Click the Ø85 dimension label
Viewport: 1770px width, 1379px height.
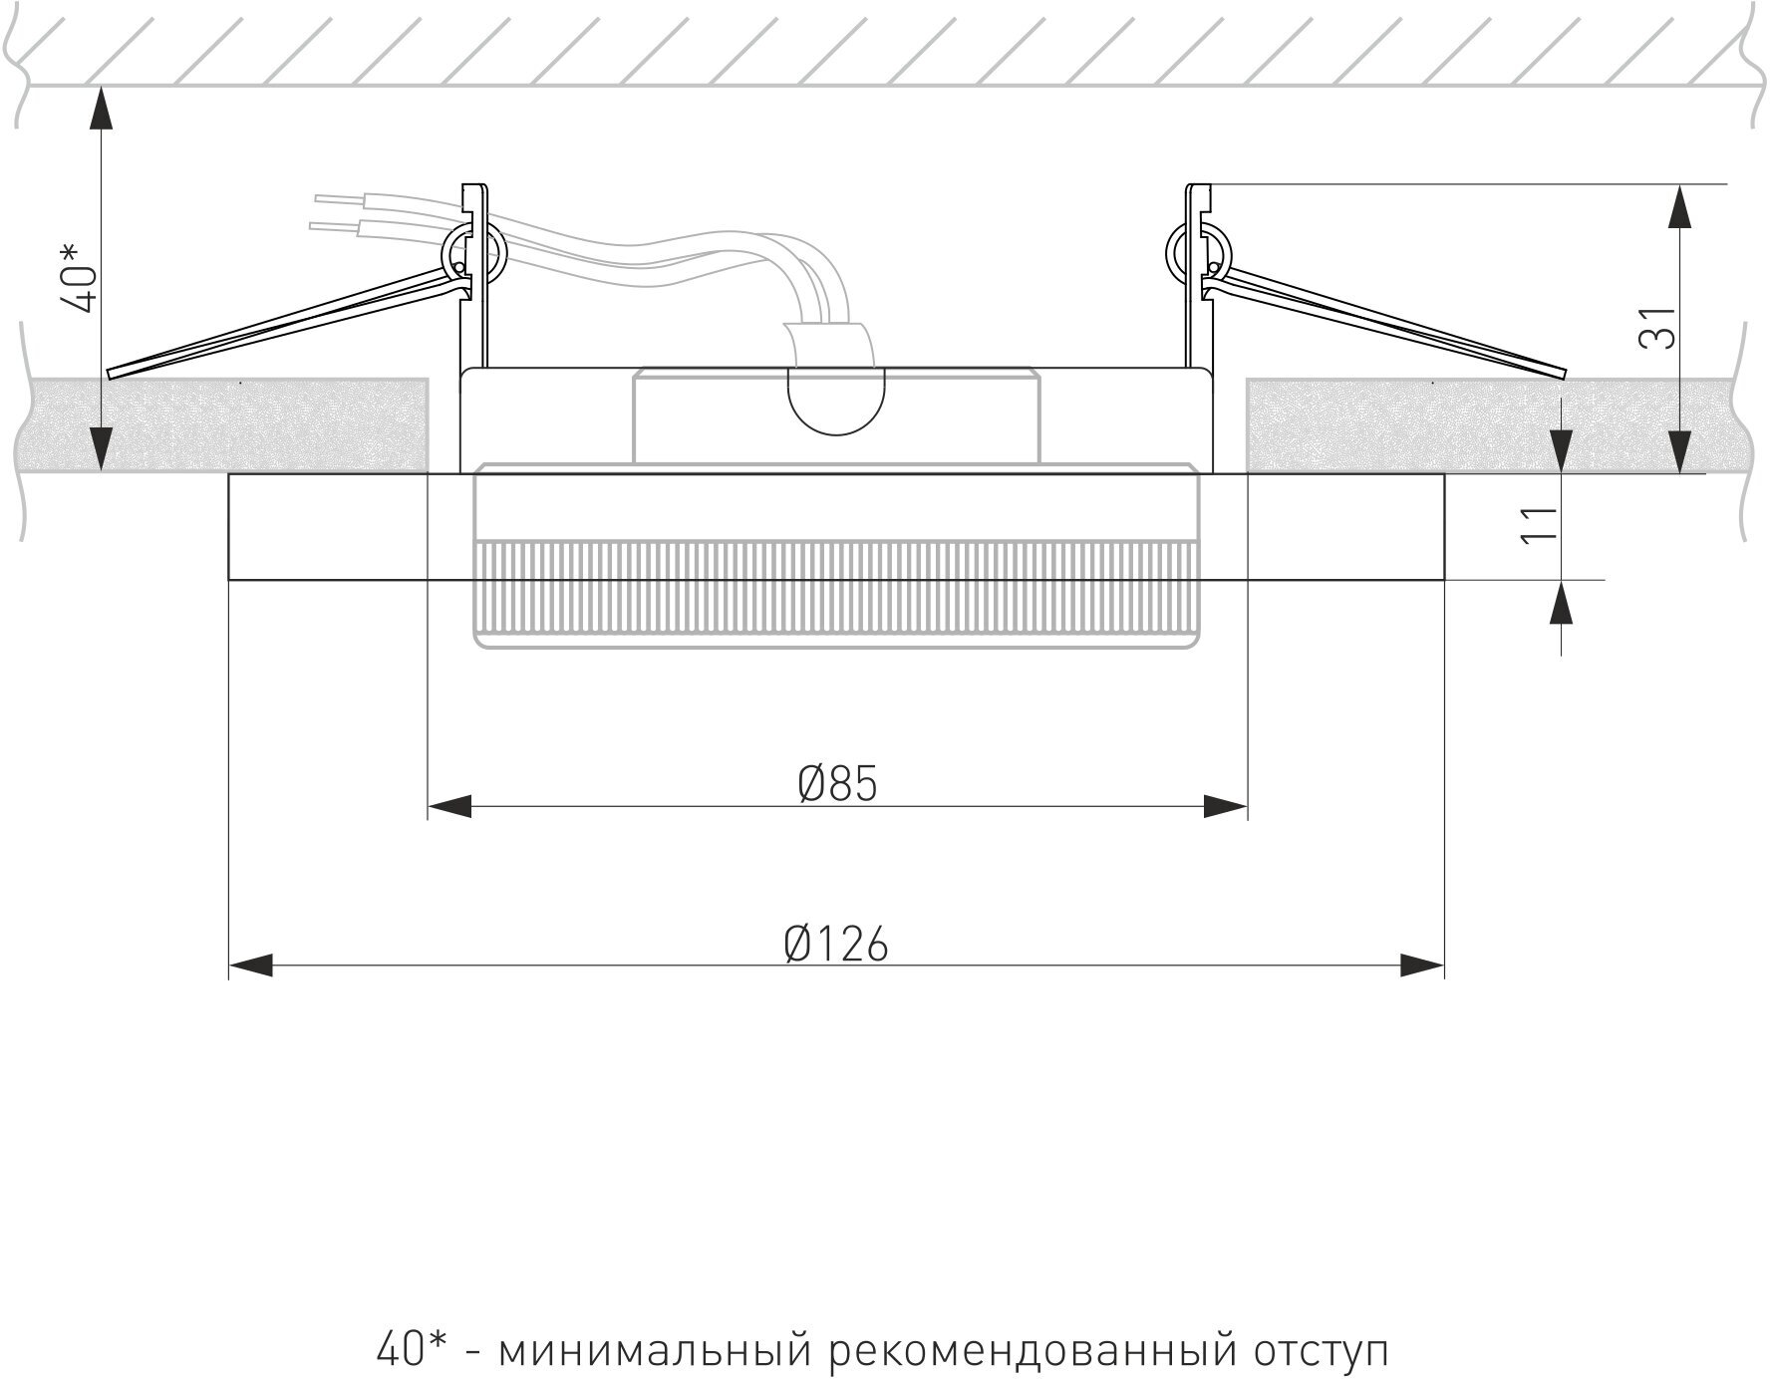[x=838, y=784]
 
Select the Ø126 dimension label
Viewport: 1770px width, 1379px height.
[x=836, y=944]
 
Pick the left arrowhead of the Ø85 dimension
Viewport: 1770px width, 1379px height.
[x=449, y=806]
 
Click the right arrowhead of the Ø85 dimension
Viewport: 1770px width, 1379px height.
[x=1226, y=806]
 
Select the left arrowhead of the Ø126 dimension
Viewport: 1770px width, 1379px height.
[x=251, y=965]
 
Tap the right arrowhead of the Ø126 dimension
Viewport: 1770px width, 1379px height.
[x=1422, y=965]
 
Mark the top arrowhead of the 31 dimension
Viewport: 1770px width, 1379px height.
[x=1679, y=206]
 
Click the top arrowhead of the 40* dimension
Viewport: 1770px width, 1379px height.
[x=101, y=109]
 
